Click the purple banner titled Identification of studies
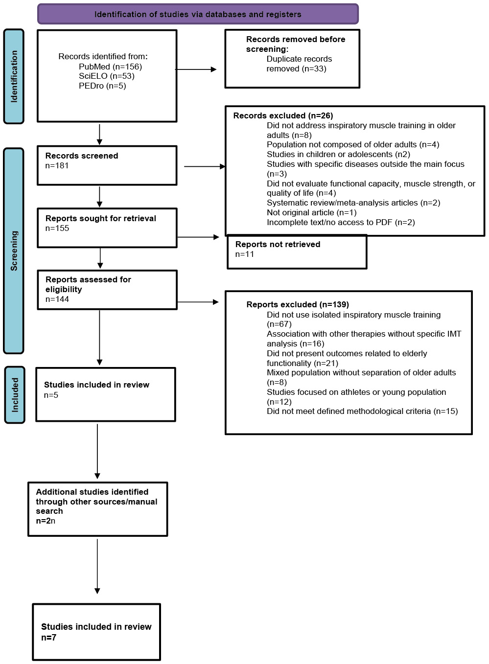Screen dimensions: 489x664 [198, 14]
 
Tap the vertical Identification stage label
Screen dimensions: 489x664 [14, 76]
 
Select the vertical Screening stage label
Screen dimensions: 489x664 [14, 251]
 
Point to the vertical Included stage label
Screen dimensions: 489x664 [15, 395]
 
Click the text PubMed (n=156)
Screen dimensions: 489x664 [110, 67]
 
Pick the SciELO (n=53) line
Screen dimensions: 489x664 [106, 76]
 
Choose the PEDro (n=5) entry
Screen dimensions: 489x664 [102, 86]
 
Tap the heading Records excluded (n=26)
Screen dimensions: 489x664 [283, 115]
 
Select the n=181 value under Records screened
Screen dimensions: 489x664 [57, 166]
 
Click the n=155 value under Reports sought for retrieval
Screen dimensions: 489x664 [57, 228]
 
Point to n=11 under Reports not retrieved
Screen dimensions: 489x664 [245, 254]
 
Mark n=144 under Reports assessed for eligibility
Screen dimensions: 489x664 [57, 299]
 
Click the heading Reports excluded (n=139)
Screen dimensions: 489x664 [298, 305]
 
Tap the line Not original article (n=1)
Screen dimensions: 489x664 [312, 212]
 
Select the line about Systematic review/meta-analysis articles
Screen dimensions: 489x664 [353, 203]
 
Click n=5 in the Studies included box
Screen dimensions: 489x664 [51, 395]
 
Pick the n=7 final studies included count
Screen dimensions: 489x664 [48, 638]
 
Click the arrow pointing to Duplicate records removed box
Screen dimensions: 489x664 [196, 69]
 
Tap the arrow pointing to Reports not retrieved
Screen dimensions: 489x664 [198, 237]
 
